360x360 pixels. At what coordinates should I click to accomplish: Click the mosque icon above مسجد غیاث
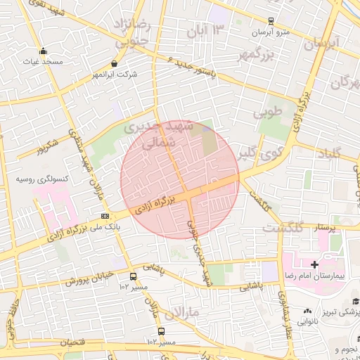tap(44, 51)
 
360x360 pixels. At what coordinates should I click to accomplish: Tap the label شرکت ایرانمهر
tap(115, 75)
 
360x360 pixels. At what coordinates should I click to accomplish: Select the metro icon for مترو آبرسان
tap(271, 21)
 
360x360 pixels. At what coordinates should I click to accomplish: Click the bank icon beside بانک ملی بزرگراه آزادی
tap(105, 216)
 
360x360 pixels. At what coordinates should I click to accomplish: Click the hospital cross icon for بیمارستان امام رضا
tap(314, 264)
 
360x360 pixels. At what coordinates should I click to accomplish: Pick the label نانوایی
tap(307, 321)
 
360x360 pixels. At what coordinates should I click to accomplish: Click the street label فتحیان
tap(75, 342)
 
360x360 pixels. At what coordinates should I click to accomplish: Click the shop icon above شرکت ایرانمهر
tap(115, 63)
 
